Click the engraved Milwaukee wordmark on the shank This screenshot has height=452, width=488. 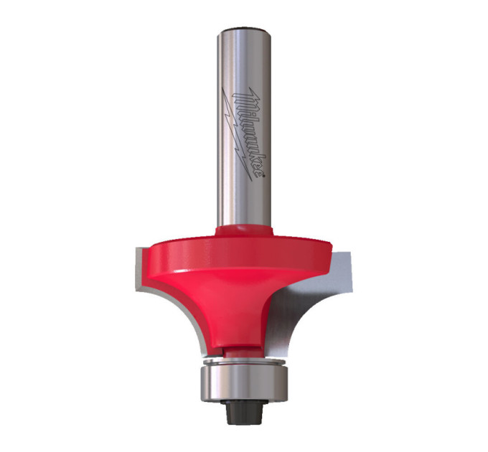coord(248,132)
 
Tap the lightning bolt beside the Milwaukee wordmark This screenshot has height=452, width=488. coord(236,133)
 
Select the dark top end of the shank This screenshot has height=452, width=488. coord(243,30)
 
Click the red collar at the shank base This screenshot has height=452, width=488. coord(244,230)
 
